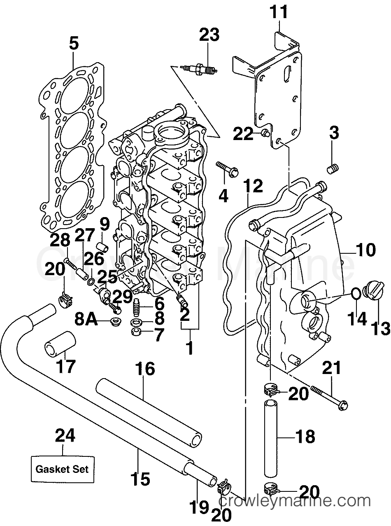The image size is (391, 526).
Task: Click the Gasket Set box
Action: (62, 469)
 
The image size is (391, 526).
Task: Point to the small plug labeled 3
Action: (333, 169)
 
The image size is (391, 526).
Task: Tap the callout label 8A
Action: (86, 319)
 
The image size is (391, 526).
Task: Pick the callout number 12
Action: (252, 186)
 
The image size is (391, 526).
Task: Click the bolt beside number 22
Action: (265, 133)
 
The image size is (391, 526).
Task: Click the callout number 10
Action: (366, 250)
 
